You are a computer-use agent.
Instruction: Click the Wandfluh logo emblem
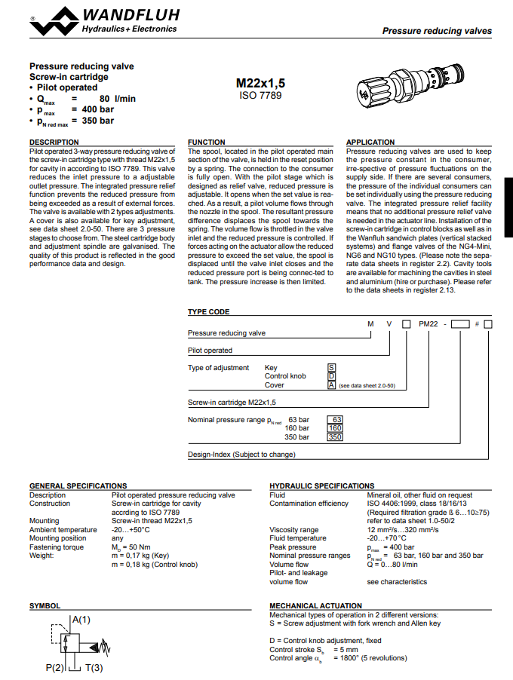[x=53, y=20]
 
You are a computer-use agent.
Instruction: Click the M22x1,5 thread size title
[x=260, y=84]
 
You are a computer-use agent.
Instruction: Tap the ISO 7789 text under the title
[x=260, y=96]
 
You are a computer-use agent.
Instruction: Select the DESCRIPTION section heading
[x=54, y=142]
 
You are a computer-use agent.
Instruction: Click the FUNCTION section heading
[x=206, y=142]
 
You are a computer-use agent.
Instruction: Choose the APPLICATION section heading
[x=370, y=142]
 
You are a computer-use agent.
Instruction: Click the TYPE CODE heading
[x=208, y=311]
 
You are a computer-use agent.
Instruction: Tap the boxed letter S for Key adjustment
[x=330, y=368]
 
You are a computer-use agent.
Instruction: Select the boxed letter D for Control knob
[x=330, y=376]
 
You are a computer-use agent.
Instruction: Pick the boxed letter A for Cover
[x=330, y=384]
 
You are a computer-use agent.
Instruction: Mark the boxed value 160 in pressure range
[x=336, y=428]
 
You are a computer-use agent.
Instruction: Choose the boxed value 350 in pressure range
[x=336, y=437]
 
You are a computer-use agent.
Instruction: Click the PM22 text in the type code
[x=428, y=323]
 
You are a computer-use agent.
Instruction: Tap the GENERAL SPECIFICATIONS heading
[x=78, y=485]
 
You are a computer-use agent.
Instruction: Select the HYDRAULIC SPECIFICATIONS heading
[x=321, y=485]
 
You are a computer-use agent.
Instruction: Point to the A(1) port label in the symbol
[x=81, y=620]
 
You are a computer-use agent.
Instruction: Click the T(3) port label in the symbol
[x=93, y=668]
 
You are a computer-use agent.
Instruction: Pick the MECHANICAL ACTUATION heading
[x=315, y=605]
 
